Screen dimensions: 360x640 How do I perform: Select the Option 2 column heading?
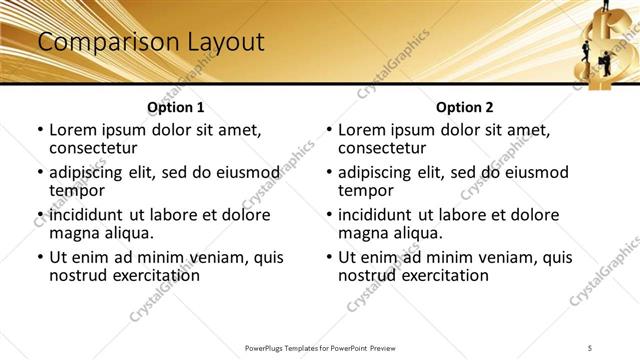(x=464, y=107)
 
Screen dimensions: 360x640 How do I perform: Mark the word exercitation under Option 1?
(x=151, y=275)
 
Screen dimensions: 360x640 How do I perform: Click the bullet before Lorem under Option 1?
(x=40, y=131)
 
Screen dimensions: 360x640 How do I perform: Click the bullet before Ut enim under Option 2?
(x=329, y=257)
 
